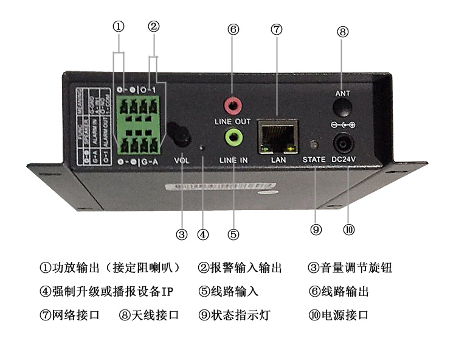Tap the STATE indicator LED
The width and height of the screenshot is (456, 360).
pos(315,146)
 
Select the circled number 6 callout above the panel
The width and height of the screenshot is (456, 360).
pos(233,29)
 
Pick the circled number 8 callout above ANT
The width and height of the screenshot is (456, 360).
pos(344,33)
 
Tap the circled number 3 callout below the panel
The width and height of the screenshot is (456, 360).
pos(181,233)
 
